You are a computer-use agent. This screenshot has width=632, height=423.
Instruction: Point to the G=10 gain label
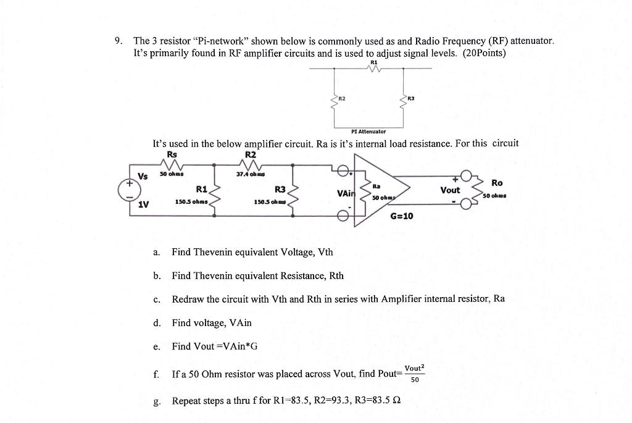[402, 216]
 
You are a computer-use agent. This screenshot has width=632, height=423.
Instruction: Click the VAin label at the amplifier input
[345, 193]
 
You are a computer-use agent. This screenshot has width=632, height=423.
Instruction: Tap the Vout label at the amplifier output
[451, 190]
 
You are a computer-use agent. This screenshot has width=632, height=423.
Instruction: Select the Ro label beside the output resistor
[497, 182]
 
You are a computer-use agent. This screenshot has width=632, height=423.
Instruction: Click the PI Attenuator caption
[368, 132]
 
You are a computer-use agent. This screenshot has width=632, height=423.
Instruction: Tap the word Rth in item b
[336, 275]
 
